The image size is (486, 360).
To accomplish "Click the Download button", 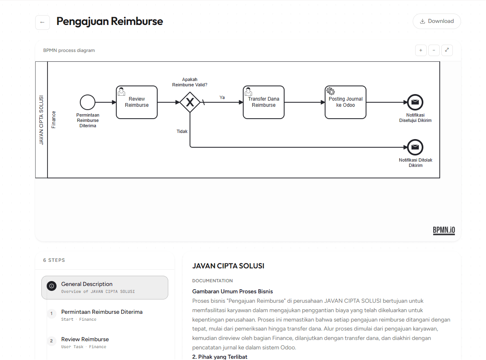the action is coord(437,21).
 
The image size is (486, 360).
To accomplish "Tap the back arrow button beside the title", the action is coord(43,22).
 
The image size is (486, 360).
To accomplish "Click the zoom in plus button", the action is coord(420,50).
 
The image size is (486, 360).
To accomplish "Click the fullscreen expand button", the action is coord(447,50).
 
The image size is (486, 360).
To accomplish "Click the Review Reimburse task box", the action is coord(137,102).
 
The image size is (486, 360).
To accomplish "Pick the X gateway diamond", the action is coord(190,102).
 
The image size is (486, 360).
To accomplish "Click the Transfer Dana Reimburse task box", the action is coord(263,102).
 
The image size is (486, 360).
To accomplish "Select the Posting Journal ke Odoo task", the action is coord(345,102).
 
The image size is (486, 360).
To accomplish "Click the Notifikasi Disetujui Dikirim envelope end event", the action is coord(415,102).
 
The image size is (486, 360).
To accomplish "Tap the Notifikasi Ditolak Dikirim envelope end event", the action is coord(415,147).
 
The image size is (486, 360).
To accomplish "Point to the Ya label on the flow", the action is coord(222,98).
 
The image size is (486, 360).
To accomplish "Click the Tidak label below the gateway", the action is coord(182,131).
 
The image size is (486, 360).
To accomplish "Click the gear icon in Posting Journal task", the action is coord(331,91).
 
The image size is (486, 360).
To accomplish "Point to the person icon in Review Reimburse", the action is coord(122,91).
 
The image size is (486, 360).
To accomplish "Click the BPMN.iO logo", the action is coord(444,230).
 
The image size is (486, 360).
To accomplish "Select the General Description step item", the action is coord(105,288).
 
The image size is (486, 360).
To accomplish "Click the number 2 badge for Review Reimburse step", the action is coord(52,341).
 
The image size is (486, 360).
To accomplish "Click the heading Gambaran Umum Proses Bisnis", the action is coord(233,292).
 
